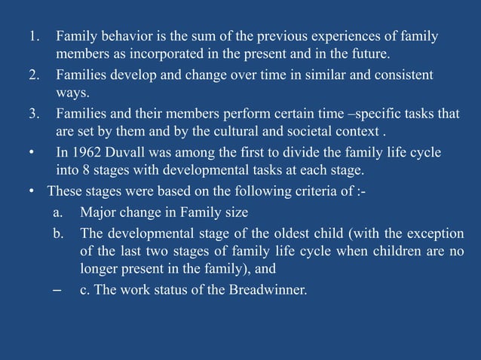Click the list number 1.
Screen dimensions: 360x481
[x=33, y=36]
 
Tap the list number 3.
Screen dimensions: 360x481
[x=33, y=114]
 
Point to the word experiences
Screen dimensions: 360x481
[x=315, y=36]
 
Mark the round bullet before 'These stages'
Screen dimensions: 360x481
[x=31, y=193]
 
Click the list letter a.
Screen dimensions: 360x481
[x=57, y=212]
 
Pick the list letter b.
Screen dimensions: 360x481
[x=57, y=232]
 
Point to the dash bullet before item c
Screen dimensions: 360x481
[x=57, y=291]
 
